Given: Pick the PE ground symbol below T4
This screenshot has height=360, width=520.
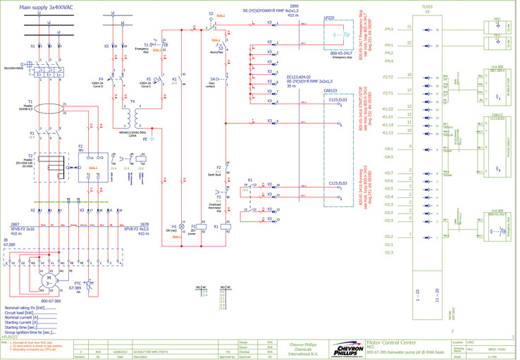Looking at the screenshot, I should point(145,139).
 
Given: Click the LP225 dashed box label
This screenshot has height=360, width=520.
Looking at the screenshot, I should point(329,18).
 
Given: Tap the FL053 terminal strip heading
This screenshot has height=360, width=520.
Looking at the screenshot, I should point(427,6).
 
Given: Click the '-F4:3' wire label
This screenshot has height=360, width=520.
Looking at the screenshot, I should point(388,30).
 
